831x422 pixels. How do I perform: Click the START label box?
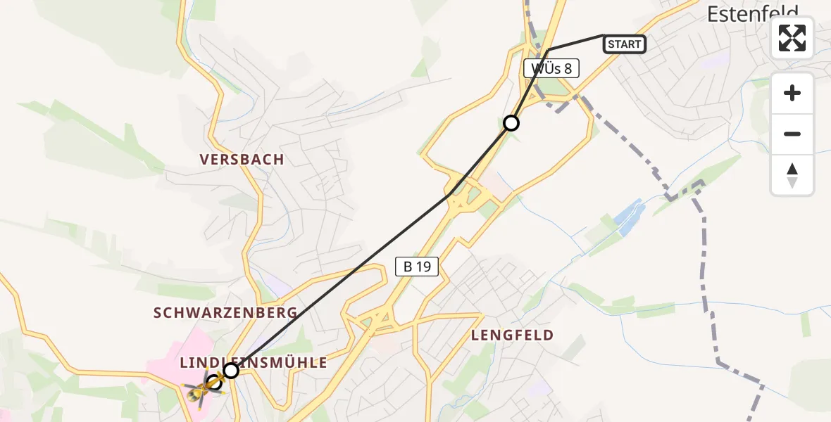(x=624, y=44)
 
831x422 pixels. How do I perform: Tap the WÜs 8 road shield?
(x=551, y=68)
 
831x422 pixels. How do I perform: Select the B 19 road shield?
(x=417, y=267)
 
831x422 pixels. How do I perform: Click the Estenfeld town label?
(x=752, y=12)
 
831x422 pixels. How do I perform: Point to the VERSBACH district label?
(x=242, y=160)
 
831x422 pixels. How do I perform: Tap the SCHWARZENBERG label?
(x=225, y=313)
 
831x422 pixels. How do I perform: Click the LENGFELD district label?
(x=512, y=335)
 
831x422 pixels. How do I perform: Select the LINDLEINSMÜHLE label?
(x=254, y=363)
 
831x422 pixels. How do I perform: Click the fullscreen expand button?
(x=792, y=38)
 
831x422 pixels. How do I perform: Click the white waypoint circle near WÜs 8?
(x=511, y=123)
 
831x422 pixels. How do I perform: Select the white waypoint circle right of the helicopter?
(x=231, y=370)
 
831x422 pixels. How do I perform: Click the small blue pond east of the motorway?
(x=629, y=217)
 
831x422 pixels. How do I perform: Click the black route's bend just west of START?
(x=549, y=49)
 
